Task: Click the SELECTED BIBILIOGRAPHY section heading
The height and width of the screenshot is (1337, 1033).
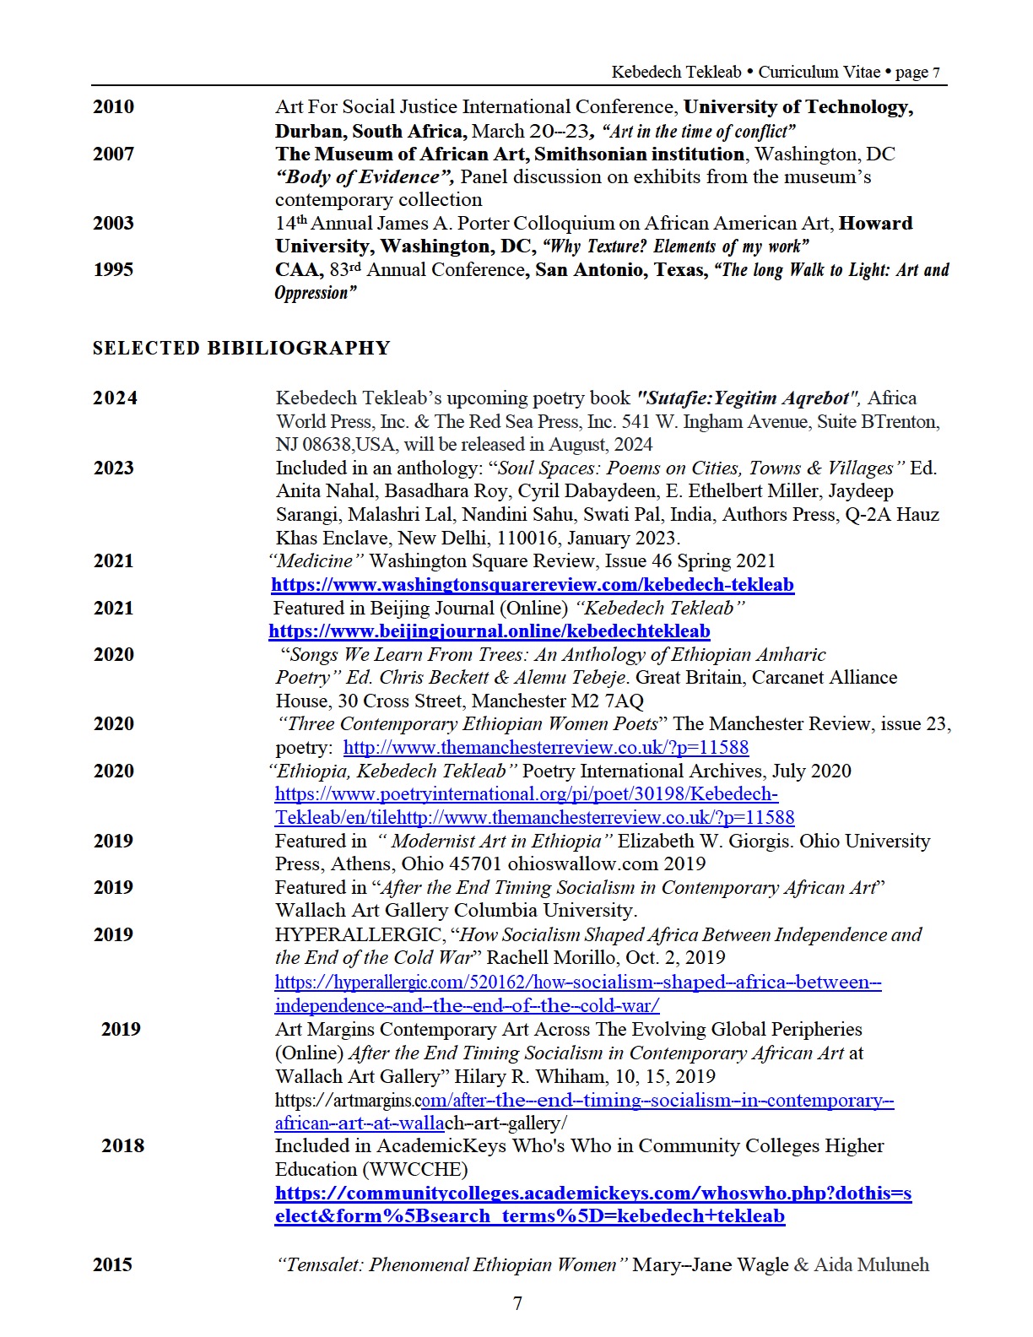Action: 241,348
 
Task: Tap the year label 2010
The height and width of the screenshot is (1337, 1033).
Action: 113,106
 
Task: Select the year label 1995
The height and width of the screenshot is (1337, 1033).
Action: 113,269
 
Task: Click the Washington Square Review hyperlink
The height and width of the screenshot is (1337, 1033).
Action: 533,584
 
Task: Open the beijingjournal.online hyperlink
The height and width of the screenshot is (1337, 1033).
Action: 489,631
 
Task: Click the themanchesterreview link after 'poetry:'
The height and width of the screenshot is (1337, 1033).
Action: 546,747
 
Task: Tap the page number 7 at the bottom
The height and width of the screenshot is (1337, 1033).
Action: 517,1302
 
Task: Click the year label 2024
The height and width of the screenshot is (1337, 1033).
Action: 115,398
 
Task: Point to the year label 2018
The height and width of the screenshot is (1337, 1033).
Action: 122,1145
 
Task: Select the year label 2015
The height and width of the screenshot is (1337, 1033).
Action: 112,1264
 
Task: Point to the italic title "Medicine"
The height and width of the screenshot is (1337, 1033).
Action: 316,560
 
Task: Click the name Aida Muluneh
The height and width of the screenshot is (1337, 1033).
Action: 871,1264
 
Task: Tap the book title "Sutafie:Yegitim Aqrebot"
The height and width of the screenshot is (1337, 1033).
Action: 748,398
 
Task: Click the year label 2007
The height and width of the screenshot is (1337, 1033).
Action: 113,154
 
